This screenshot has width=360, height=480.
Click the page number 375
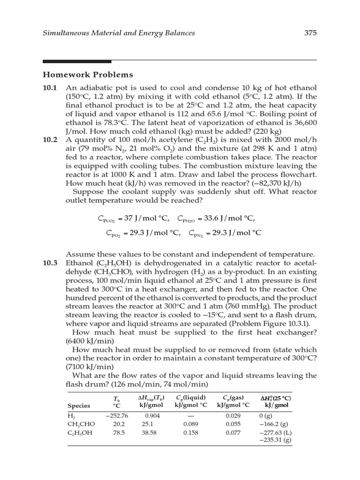click(x=310, y=33)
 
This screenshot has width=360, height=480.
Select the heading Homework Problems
click(x=88, y=75)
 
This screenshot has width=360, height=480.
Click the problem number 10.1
click(x=50, y=88)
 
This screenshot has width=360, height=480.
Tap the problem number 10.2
click(x=50, y=140)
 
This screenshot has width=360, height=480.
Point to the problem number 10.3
click(x=50, y=263)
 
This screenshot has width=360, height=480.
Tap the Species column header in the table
click(x=79, y=405)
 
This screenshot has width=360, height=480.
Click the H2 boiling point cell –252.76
click(x=116, y=415)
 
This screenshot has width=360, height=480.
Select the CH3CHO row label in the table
click(x=81, y=424)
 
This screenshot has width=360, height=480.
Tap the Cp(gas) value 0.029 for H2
click(x=232, y=415)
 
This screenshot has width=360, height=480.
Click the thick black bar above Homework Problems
click(x=77, y=61)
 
